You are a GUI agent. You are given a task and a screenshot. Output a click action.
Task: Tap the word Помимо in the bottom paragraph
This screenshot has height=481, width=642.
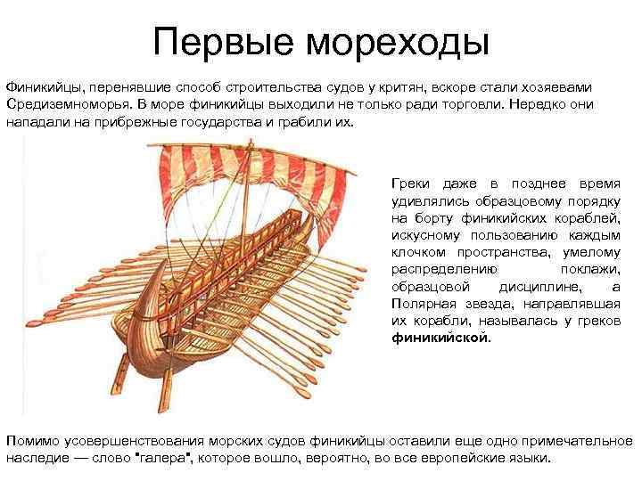pos(34,443)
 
